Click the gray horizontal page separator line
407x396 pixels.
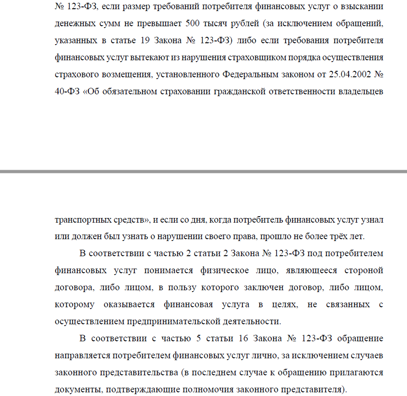pos(203,172)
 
